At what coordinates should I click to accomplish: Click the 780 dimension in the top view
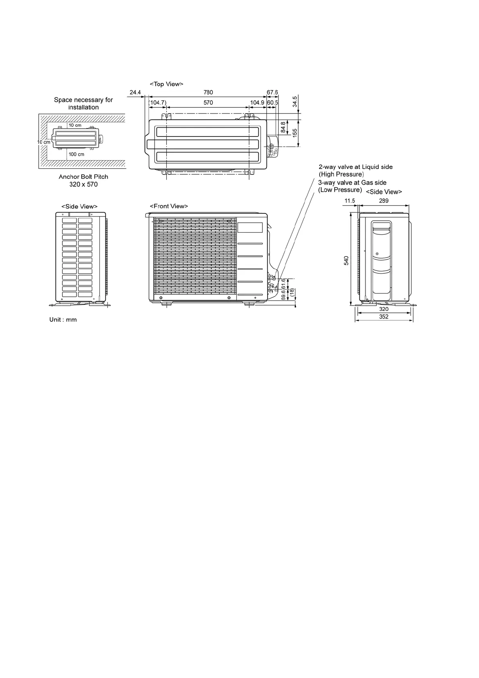(x=208, y=93)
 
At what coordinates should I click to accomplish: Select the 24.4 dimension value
(x=135, y=93)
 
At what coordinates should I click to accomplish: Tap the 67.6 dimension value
(x=273, y=93)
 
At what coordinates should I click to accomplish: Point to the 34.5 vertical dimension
(x=295, y=101)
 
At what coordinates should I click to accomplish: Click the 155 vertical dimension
(x=295, y=133)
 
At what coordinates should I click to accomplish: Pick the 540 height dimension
(x=346, y=260)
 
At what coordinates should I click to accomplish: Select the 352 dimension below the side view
(x=384, y=317)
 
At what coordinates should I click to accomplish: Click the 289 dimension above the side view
(x=384, y=201)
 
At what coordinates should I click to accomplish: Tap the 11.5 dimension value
(x=350, y=201)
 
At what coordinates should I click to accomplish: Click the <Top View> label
(x=166, y=84)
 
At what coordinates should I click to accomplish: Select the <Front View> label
(x=169, y=206)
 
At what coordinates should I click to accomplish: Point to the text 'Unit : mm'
(x=63, y=320)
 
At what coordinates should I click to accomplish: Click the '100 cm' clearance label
(x=76, y=154)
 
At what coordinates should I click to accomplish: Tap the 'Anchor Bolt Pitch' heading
(x=83, y=177)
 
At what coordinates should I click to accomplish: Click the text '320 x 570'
(x=83, y=184)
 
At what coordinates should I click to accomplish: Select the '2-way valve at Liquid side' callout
(x=355, y=167)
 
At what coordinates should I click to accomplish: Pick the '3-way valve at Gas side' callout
(x=352, y=182)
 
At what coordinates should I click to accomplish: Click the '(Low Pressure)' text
(x=340, y=190)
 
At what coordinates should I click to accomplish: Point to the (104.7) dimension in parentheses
(x=157, y=103)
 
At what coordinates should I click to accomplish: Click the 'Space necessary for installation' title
(x=83, y=103)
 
